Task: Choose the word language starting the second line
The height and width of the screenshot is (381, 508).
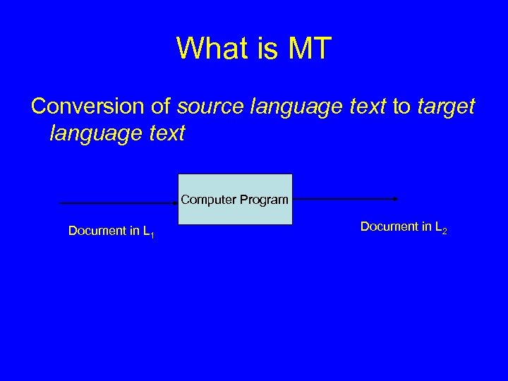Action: (x=97, y=132)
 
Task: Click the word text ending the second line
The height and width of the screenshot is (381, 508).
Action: (x=167, y=132)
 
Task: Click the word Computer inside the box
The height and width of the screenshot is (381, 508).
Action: (x=207, y=200)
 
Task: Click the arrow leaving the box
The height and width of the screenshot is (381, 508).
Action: (x=346, y=199)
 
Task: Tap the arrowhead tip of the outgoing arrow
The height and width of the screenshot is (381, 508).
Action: (x=399, y=199)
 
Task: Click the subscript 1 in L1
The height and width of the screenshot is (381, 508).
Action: (x=153, y=234)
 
